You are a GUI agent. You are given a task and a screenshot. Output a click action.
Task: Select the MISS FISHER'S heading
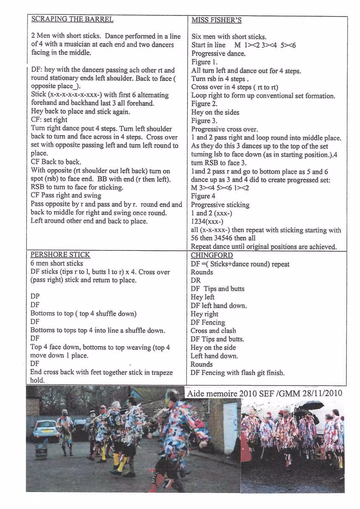(x=217, y=20)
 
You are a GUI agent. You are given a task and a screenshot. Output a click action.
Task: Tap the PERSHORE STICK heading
(x=60, y=255)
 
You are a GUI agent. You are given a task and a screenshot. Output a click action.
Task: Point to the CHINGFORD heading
(x=212, y=255)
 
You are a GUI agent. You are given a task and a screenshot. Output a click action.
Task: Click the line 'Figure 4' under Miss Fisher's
(x=203, y=196)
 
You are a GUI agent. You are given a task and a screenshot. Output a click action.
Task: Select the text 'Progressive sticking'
(x=220, y=205)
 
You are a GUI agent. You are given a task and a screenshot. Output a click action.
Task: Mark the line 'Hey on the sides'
(x=215, y=112)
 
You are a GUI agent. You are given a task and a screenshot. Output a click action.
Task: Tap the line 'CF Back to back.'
(x=56, y=162)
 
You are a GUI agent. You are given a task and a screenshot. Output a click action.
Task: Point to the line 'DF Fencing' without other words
(x=208, y=322)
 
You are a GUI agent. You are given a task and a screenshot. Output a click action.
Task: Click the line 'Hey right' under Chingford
(x=205, y=314)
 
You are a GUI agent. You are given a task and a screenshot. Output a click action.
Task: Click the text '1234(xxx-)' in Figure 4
(x=208, y=222)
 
